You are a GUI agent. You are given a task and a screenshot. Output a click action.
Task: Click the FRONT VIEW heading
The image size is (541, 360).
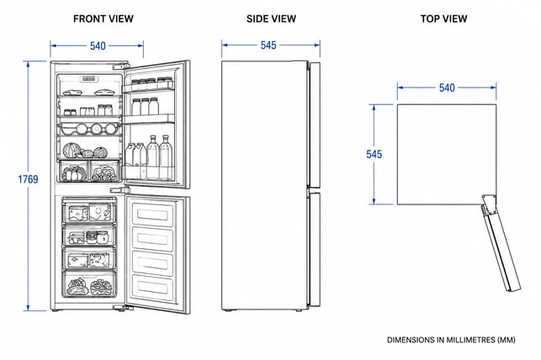[x=103, y=19]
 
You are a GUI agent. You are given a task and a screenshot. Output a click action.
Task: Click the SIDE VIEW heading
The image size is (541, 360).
[x=271, y=19]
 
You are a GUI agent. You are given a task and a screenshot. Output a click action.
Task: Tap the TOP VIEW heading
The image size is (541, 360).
[x=443, y=19]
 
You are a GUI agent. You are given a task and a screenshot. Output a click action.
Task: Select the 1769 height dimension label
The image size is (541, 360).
[x=28, y=179]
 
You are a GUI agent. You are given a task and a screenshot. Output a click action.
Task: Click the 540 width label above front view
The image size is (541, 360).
[x=98, y=46]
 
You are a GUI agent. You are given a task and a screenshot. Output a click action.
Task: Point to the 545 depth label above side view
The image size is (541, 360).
[x=268, y=45]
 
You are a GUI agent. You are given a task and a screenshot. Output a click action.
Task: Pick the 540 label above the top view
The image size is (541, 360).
[x=447, y=88]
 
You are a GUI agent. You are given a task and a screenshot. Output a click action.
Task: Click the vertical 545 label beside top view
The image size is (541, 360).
[x=374, y=154]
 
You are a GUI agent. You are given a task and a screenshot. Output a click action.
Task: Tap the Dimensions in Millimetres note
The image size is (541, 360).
[x=451, y=340]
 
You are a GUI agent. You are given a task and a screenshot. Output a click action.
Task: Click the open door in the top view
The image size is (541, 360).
[x=501, y=243]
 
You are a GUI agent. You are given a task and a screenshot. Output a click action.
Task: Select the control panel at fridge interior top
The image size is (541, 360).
[x=89, y=79]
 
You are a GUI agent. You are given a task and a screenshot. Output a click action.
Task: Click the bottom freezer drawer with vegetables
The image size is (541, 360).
[x=89, y=284]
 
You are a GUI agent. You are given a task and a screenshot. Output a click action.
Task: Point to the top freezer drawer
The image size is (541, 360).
[x=89, y=211]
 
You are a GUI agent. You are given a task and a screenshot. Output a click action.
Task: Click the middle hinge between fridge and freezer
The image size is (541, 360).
[x=119, y=189]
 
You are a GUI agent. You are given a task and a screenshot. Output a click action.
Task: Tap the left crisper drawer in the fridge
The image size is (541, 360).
[x=73, y=171]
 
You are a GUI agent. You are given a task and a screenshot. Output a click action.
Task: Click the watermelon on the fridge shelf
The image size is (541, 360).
[x=72, y=151]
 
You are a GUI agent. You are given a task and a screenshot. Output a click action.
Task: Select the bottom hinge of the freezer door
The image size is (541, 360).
[x=121, y=308]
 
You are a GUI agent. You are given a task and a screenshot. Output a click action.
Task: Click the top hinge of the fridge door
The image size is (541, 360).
[x=121, y=66]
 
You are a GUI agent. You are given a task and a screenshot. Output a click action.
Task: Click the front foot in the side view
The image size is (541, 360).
[x=299, y=310]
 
